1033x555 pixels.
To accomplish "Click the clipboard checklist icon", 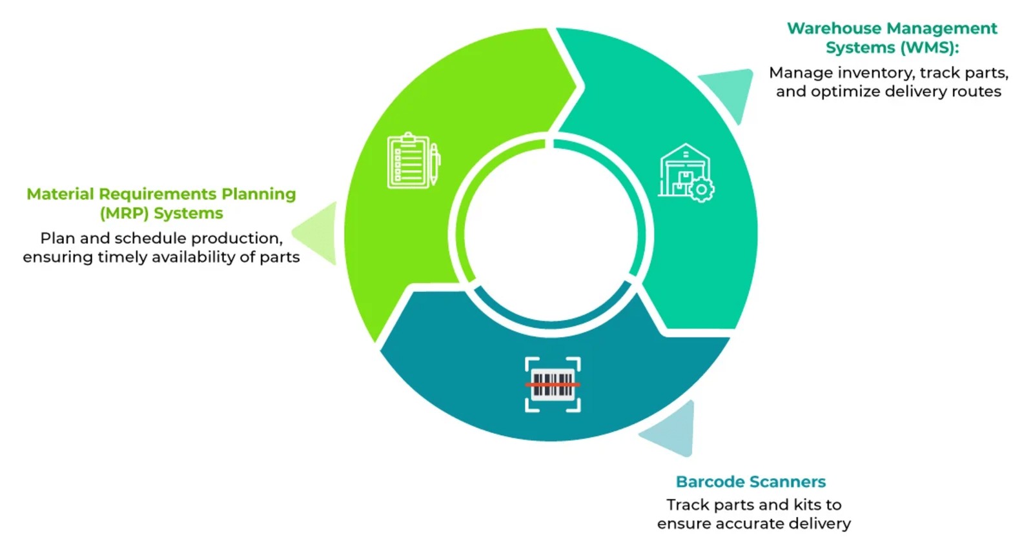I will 408,161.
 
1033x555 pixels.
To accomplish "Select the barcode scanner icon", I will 553,385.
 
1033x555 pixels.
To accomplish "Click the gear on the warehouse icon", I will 701,190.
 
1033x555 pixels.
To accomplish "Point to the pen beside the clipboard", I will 435,164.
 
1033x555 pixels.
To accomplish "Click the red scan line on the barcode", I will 553,385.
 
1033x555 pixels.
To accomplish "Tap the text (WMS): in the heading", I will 930,48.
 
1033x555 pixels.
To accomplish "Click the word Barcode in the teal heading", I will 708,481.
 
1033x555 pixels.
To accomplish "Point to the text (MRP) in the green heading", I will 124,214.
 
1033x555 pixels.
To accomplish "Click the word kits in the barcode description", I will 807,505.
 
